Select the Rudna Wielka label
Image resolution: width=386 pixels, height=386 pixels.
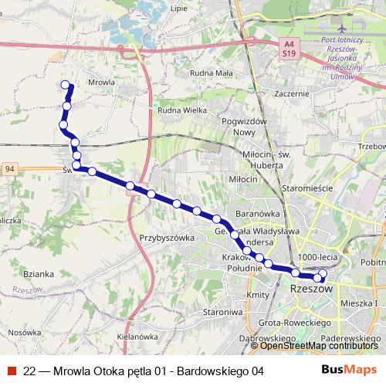coord(182,110)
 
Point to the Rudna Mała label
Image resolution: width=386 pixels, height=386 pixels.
coord(210,74)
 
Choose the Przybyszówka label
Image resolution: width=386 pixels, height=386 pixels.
coord(166,238)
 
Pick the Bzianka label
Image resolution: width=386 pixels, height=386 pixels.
coord(38,273)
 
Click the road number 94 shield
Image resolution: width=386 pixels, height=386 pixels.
coord(9,168)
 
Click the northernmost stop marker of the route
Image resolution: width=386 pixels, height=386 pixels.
coord(65,85)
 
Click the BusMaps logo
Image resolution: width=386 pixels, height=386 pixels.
coord(348,370)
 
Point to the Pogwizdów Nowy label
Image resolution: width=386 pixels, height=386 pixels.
coord(243,127)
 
